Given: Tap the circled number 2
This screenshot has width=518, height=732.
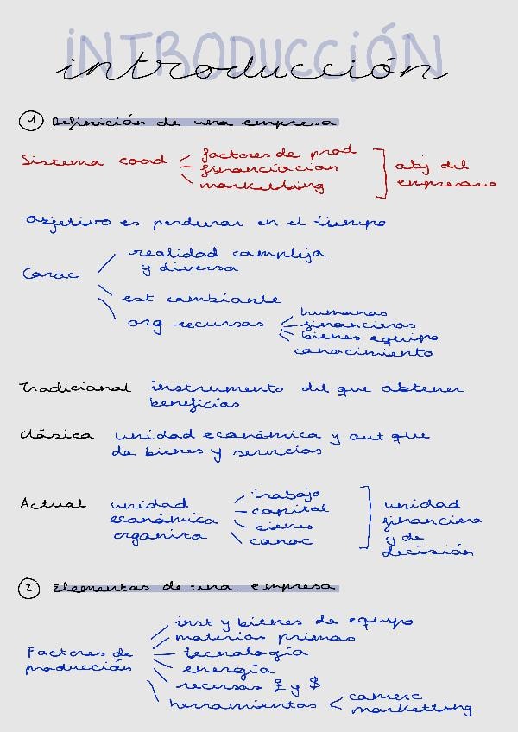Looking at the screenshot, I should (29, 589).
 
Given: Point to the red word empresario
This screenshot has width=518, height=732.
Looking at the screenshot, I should (446, 183).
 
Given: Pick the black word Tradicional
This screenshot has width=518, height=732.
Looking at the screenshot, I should (74, 388).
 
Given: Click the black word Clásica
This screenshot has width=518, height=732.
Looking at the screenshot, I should (57, 434).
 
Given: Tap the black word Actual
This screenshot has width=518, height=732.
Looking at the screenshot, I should (53, 503).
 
